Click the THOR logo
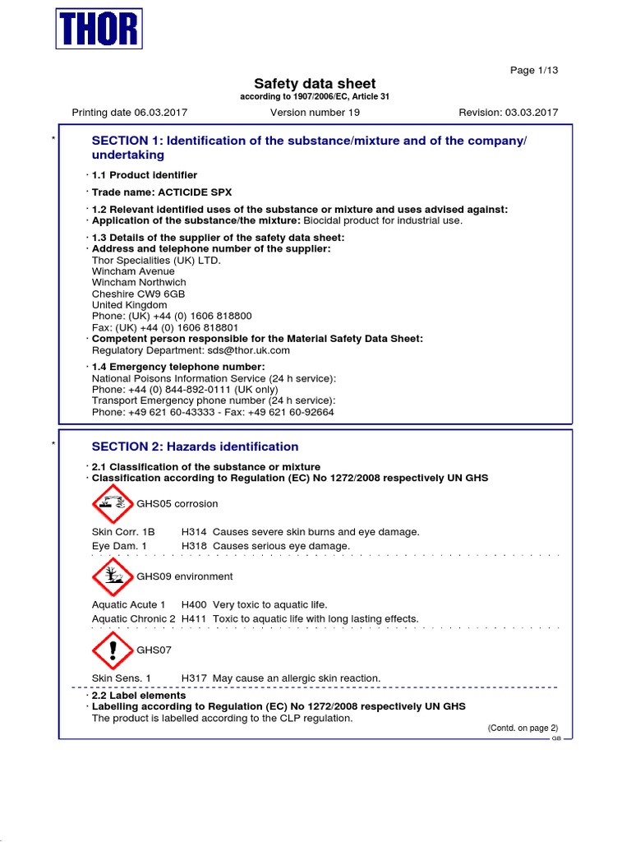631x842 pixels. pos(99,30)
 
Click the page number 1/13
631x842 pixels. pos(534,70)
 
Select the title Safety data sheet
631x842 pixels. pos(315,83)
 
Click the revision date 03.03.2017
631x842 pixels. pos(530,113)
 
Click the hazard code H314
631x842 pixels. pos(194,532)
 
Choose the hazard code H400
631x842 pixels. pos(194,604)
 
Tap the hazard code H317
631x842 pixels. pos(194,678)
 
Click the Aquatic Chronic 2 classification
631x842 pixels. pos(134,618)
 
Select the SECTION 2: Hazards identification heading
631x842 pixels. pos(195,446)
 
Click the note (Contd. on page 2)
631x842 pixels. pos(523,728)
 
